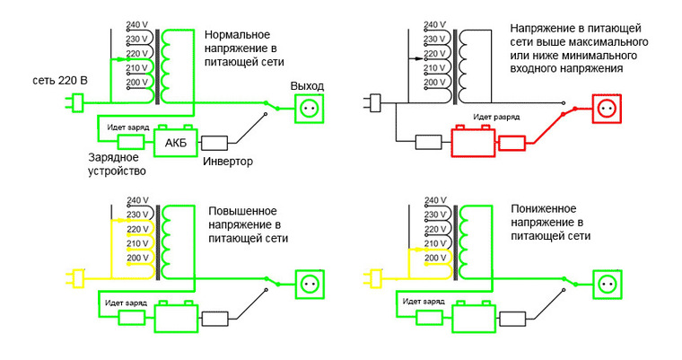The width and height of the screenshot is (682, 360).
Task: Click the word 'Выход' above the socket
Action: pos(307,85)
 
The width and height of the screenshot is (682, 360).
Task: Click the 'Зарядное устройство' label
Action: pos(118,163)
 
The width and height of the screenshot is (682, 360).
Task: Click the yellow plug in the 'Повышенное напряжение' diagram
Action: pos(77,278)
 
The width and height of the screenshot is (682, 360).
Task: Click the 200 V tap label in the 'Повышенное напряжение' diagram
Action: pos(136,258)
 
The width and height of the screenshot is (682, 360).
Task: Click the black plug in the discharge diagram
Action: pos(376,105)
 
